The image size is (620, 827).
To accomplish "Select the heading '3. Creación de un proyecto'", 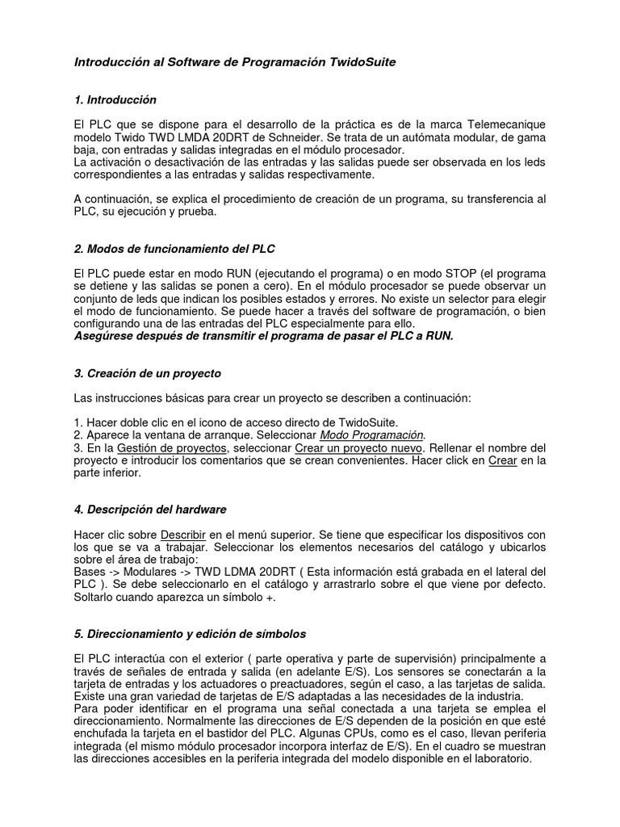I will pos(147,374).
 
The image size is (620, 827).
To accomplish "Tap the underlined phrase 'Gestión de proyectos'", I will pos(171,447).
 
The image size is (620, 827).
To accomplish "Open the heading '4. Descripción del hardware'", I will pos(150,510).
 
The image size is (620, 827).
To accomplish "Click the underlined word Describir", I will pos(185,535).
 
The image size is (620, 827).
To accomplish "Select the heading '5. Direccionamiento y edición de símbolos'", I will pos(189,634).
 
